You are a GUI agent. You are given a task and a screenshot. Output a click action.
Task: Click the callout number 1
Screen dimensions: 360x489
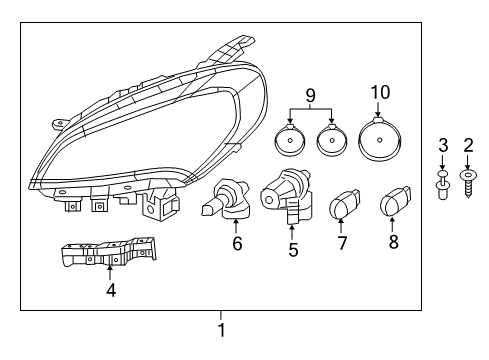tap(222, 328)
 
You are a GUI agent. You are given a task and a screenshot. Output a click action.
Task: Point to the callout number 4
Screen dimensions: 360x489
tap(111, 291)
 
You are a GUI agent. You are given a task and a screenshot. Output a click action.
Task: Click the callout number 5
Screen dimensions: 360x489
tap(293, 250)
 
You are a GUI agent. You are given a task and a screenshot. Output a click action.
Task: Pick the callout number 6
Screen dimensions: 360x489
tap(236, 242)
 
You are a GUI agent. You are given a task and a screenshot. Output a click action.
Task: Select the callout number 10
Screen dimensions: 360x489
tap(376, 93)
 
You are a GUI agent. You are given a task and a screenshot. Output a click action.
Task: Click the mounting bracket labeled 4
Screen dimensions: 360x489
tap(109, 254)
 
